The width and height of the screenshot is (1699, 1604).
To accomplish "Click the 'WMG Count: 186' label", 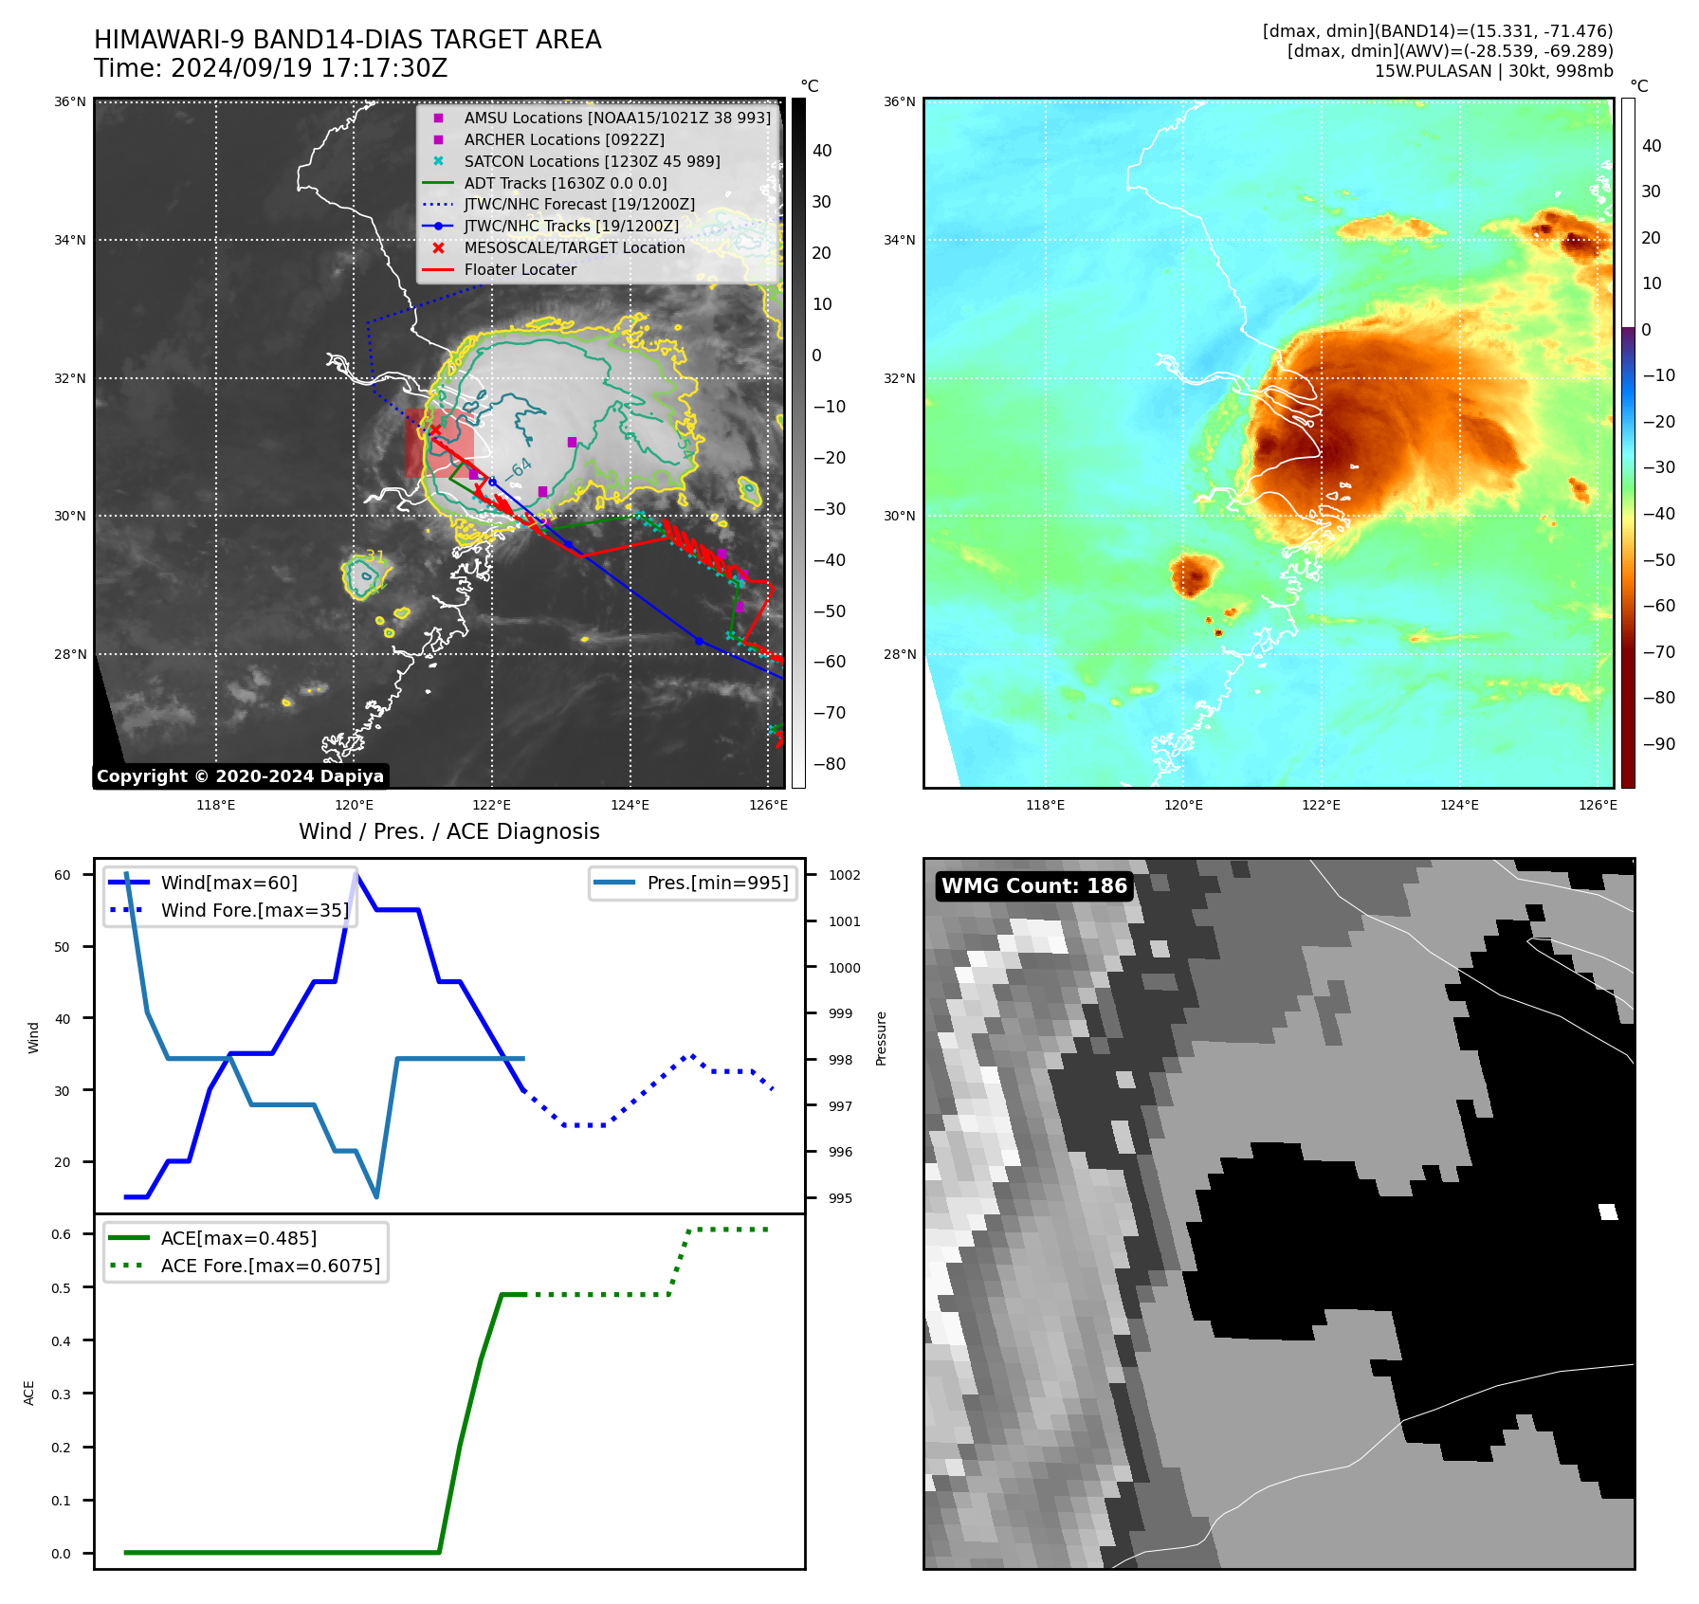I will (1033, 886).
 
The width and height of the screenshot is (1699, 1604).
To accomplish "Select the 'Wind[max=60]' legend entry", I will (228, 883).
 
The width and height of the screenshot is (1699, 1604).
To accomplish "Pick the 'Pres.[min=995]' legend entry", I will (717, 883).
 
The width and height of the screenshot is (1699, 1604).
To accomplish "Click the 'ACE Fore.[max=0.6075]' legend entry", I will (270, 1266).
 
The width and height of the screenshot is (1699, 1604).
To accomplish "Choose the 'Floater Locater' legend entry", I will (520, 269).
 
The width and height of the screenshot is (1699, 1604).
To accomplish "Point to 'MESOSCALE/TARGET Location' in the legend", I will (574, 247).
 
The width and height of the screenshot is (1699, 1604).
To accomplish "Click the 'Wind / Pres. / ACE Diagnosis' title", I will (448, 831).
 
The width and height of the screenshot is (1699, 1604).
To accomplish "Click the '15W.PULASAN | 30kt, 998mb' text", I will (1493, 71).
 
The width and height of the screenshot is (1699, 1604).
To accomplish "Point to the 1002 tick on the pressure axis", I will (844, 875).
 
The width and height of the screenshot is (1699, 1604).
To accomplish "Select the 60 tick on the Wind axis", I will (63, 875).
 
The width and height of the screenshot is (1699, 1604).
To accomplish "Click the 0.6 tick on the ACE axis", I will (62, 1234).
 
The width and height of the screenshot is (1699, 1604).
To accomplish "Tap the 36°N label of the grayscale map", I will (70, 101).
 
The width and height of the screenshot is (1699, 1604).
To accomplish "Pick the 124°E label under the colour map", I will (1459, 805).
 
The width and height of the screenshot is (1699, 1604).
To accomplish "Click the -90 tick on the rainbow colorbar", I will (1658, 744).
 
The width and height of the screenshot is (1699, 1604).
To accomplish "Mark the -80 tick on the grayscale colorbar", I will (829, 764).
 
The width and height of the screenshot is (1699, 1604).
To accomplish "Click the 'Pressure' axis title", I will (881, 1038).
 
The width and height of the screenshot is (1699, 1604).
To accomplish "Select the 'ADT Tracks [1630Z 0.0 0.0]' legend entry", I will (565, 183).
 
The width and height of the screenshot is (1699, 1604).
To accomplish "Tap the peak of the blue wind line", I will (356, 873).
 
